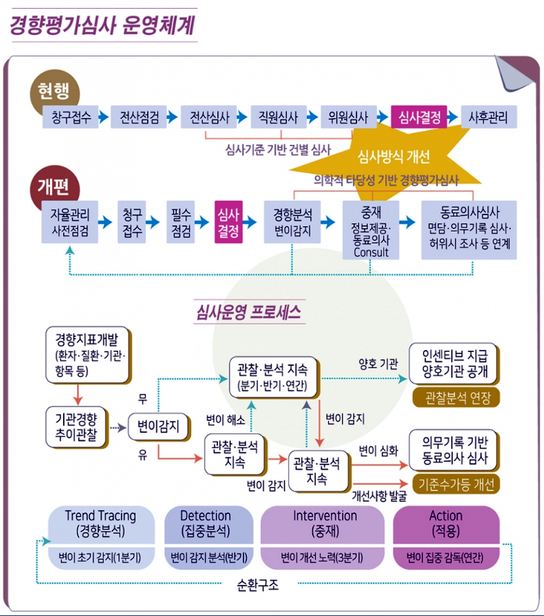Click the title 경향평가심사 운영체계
click(101, 25)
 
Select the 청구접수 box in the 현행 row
click(72, 117)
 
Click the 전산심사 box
click(210, 117)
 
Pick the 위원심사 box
click(348, 117)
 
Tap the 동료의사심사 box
click(469, 229)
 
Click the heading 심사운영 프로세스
click(248, 313)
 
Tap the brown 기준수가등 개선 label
click(455, 483)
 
